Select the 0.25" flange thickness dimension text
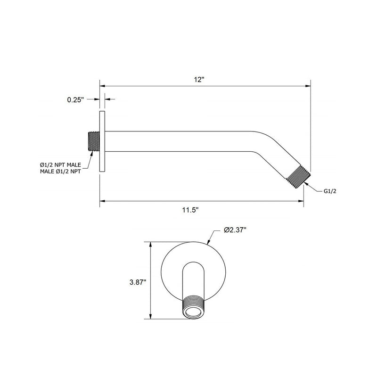(x=75, y=99)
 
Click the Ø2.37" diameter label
(x=235, y=230)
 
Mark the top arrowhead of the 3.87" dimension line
(x=151, y=245)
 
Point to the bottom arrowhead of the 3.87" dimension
(x=151, y=318)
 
